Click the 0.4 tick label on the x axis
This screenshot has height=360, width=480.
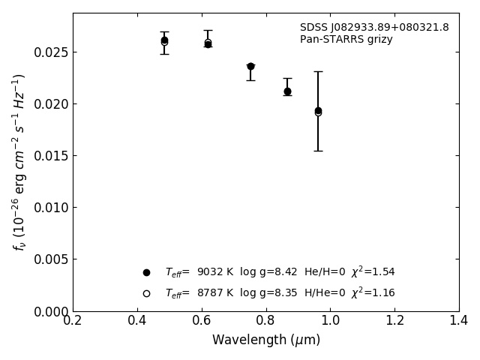137,320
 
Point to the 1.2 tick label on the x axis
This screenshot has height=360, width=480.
394,320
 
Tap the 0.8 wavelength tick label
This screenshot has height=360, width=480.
265,320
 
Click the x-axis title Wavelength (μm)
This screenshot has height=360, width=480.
265,340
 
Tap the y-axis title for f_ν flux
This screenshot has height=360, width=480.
19,162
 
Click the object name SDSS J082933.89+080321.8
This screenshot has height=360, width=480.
374,28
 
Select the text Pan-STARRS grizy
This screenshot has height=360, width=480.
346,40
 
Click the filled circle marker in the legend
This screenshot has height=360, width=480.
146,272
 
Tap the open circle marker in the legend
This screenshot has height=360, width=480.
146,293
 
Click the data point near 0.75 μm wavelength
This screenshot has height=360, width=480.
250,67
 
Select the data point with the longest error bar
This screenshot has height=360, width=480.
318,111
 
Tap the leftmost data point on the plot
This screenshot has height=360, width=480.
164,41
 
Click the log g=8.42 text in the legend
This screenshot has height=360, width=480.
268,272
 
